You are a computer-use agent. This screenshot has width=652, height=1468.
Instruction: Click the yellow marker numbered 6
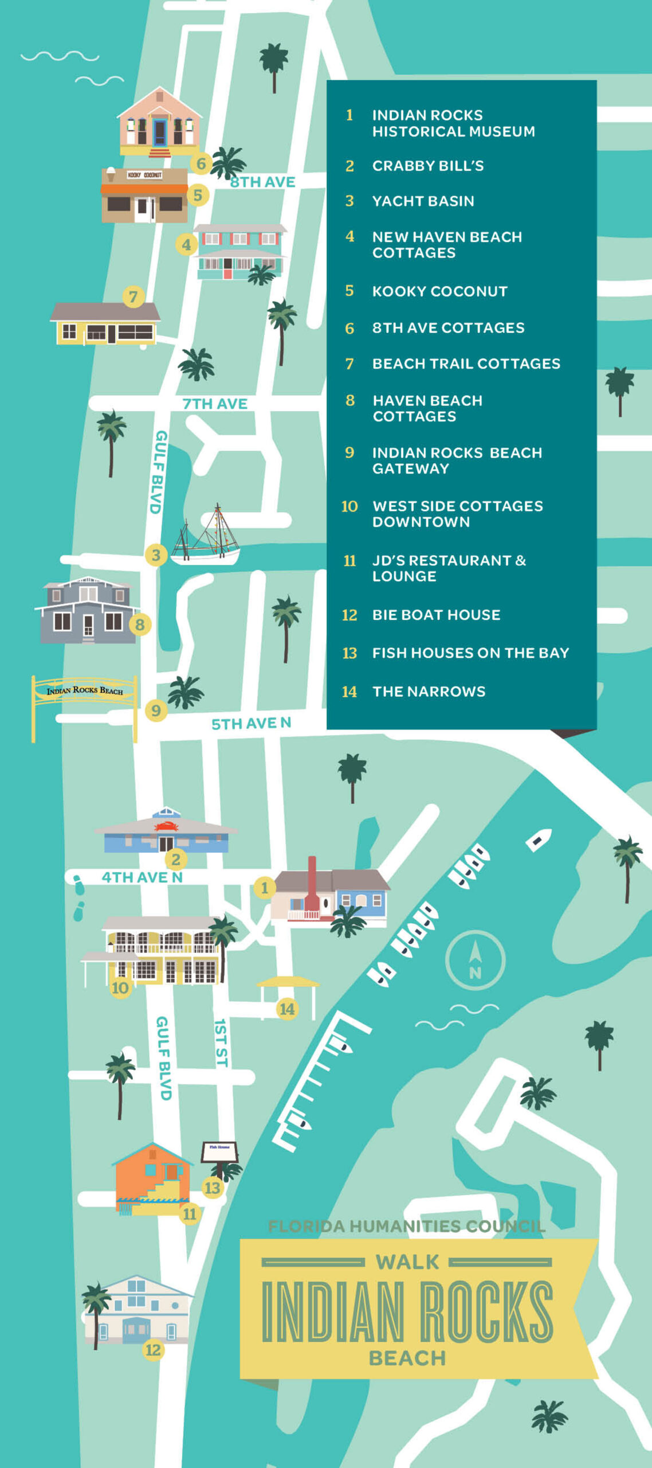pos(201,163)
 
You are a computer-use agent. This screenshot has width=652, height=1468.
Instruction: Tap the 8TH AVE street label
pos(262,182)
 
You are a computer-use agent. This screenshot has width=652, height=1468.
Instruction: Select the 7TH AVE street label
pos(215,404)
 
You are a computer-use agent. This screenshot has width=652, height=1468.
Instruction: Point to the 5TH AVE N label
pos(251,723)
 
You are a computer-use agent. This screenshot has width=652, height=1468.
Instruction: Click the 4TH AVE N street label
pos(142,877)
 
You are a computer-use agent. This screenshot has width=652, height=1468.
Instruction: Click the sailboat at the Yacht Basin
pos(206,536)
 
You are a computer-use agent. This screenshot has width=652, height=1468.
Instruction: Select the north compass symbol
pos(475,960)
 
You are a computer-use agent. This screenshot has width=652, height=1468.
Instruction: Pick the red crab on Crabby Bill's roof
pos(166,826)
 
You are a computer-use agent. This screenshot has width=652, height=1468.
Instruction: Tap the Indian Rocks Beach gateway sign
pos(85,690)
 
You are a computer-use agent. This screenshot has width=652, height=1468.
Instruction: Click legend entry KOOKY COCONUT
pos(439,291)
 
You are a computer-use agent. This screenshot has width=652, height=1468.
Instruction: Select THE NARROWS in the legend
pos(429,692)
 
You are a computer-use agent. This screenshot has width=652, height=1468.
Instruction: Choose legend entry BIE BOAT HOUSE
pos(436,615)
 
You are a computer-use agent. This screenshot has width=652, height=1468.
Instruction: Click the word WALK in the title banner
pos(407,1262)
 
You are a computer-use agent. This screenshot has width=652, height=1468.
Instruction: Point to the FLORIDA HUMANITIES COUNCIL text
pos(406,1226)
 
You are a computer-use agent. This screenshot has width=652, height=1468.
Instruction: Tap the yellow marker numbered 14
pos(286,1009)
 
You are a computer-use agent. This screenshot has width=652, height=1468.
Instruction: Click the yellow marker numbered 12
pos(153,1350)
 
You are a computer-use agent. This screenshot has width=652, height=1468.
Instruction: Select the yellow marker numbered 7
pos(133,296)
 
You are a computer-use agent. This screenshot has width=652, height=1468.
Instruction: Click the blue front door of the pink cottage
pos(160,132)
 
